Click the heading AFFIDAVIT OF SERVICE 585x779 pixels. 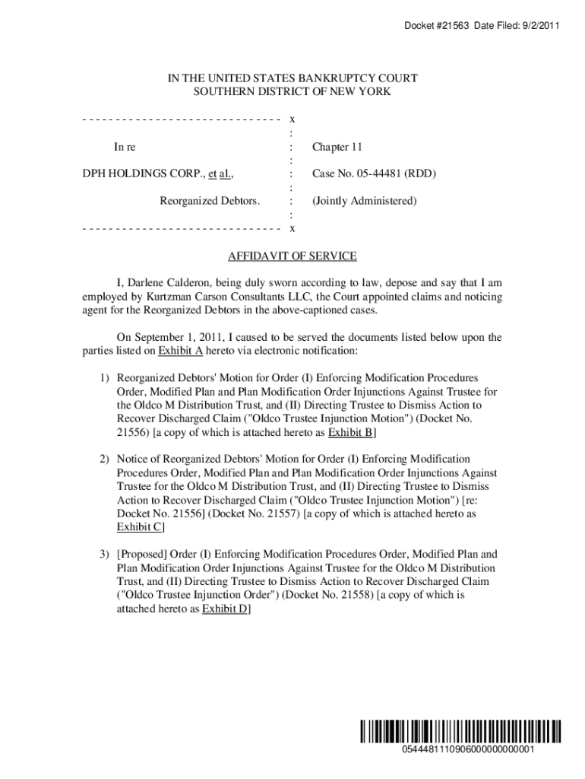click(x=292, y=256)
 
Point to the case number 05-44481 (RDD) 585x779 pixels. click(x=374, y=174)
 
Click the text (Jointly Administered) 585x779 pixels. click(x=364, y=201)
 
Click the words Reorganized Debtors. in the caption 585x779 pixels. click(x=210, y=201)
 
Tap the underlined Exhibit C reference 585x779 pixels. click(x=139, y=527)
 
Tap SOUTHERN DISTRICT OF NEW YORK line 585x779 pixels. click(x=292, y=92)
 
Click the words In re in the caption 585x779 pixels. click(x=125, y=147)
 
